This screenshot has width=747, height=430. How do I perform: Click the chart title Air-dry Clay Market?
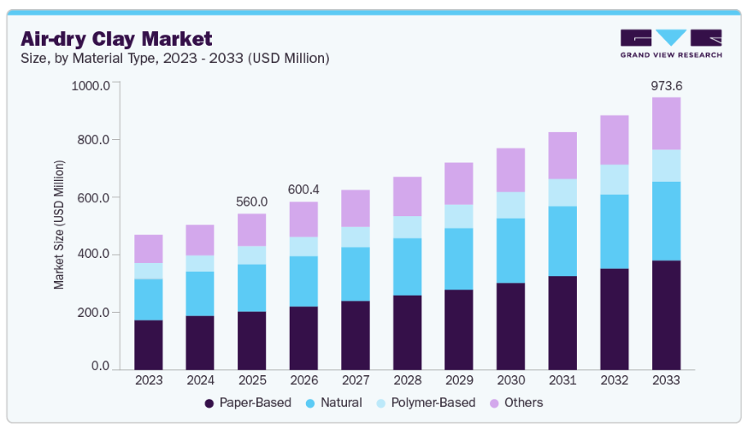click(116, 38)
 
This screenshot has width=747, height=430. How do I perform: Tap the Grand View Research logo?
click(670, 43)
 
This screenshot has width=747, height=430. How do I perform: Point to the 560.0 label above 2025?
click(252, 202)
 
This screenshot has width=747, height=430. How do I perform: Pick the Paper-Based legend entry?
click(247, 403)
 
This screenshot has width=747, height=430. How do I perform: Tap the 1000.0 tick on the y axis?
click(91, 86)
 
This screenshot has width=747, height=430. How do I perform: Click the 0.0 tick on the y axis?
click(100, 366)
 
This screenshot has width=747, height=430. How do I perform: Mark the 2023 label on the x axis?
click(149, 381)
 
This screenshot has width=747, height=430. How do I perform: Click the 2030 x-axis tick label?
click(511, 381)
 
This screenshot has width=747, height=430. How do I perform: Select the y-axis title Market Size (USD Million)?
click(59, 224)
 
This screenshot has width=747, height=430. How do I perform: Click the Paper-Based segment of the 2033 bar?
click(666, 315)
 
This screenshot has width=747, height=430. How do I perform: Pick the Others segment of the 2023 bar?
click(149, 249)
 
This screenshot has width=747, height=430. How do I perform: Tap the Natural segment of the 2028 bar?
click(407, 267)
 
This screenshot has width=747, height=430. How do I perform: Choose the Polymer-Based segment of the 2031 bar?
click(563, 192)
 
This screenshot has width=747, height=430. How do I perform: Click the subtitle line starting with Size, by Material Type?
click(175, 58)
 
